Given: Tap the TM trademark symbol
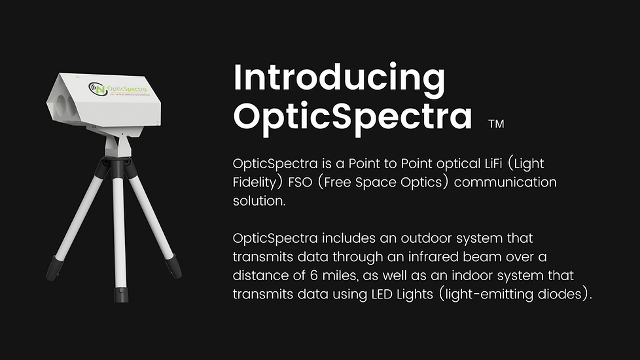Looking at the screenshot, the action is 496,124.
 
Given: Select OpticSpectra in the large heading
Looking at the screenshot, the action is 353,117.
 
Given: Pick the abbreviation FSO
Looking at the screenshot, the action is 300,182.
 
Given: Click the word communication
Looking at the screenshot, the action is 505,182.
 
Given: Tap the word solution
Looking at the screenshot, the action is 258,201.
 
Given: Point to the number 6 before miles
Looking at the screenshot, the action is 313,276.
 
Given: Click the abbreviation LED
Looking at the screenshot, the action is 382,294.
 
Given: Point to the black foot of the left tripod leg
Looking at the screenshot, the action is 53,268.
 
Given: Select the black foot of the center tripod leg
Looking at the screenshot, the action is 121,295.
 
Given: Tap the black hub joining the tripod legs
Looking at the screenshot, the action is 118,166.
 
